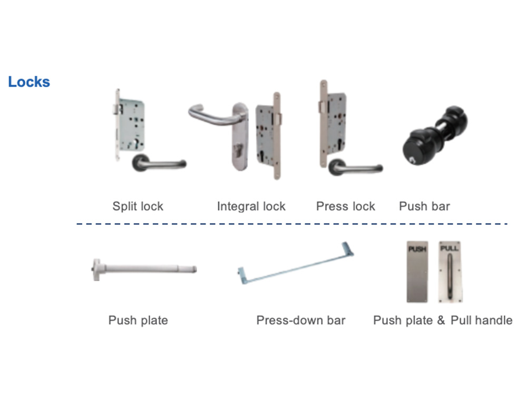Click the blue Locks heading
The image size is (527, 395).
point(29,82)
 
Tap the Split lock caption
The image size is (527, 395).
point(138,206)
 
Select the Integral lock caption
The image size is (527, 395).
point(251,206)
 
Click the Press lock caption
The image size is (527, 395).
point(345,206)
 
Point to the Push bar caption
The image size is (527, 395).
point(424,206)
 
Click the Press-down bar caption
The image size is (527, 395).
point(300,320)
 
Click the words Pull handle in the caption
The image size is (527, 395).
point(481,320)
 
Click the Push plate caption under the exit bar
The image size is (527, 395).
point(138,320)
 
